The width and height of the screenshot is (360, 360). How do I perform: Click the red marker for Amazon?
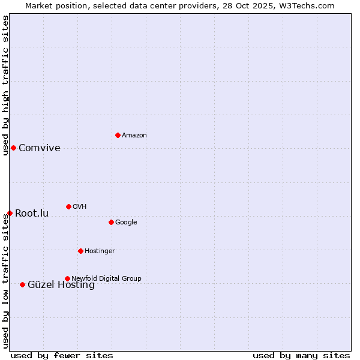[x=118, y=135]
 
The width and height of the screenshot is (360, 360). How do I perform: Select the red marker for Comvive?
[x=13, y=148]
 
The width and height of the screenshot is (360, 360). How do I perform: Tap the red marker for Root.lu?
[x=10, y=213]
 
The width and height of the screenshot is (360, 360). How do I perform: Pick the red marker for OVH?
[x=68, y=206]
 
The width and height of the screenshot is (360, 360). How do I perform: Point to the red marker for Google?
[x=111, y=222]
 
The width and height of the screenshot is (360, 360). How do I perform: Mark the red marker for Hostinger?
[x=80, y=251]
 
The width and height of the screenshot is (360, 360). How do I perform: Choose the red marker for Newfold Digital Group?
[x=67, y=278]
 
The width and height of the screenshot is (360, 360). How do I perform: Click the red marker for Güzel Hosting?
[x=22, y=284]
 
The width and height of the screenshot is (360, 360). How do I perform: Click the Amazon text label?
[x=134, y=136]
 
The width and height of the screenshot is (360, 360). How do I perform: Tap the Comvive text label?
[x=40, y=148]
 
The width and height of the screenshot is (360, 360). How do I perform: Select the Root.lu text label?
[x=32, y=214]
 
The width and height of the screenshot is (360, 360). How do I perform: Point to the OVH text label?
[x=80, y=207]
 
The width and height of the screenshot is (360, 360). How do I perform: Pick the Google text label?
[x=126, y=223]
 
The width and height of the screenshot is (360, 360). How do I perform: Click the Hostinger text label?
[x=100, y=251]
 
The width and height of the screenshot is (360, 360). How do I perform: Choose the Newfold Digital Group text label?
[x=106, y=278]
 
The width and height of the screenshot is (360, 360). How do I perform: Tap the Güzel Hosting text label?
[x=61, y=286]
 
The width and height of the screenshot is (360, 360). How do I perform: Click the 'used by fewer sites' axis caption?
[x=62, y=355]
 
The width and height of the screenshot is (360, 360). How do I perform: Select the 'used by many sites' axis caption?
[x=301, y=355]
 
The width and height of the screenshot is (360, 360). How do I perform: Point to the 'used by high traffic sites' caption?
[x=5, y=85]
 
